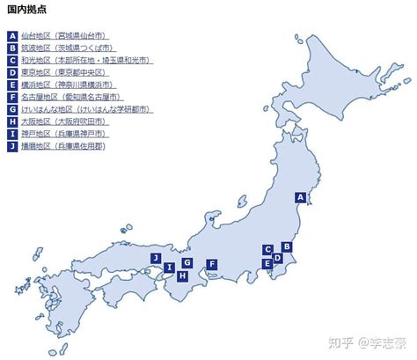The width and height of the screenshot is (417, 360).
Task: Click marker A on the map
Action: coord(301,198)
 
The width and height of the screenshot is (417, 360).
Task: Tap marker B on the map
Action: coord(286,247)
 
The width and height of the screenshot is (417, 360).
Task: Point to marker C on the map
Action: coord(267,249)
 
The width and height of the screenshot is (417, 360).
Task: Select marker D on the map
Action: coord(277,258)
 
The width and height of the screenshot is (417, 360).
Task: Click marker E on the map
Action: coord(267,263)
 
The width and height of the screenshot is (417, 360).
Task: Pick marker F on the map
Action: coord(211,263)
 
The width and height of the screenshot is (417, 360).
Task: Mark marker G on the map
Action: coord(187,262)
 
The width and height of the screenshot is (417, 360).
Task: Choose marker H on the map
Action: coord(182,276)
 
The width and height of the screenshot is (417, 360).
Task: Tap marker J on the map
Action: coord(155,258)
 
